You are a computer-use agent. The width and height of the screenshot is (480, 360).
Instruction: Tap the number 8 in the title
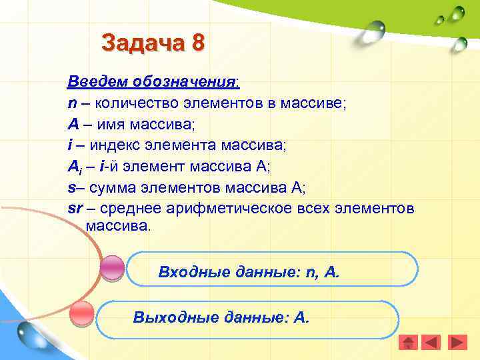(198, 43)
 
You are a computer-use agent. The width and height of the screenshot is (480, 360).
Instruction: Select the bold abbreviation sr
(75, 209)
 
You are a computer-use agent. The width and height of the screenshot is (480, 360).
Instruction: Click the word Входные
(189, 272)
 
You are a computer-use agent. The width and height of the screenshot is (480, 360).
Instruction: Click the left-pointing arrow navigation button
(432, 342)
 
